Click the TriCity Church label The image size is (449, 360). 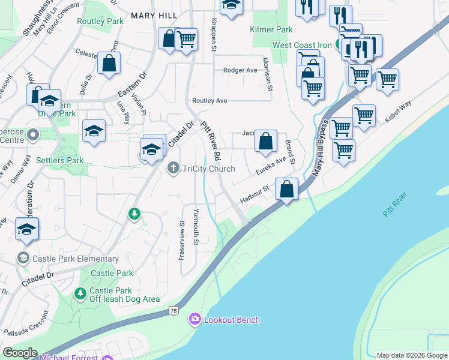(x=209, y=169)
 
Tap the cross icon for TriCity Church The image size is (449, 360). (x=173, y=168)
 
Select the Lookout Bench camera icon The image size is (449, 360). (x=194, y=319)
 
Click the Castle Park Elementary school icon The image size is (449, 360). (x=23, y=259)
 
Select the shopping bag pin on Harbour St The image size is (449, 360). (x=288, y=189)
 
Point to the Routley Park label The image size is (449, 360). (x=100, y=20)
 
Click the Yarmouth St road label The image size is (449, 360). (x=196, y=226)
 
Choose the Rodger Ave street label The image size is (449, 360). (x=240, y=70)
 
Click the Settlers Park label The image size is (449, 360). (x=60, y=160)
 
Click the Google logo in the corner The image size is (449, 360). (x=20, y=353)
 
